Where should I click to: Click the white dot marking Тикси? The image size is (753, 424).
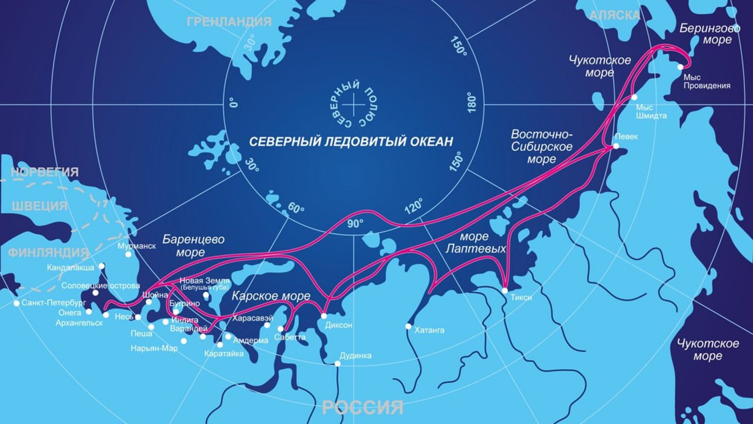505,290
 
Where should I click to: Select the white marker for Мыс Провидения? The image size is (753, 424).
680,67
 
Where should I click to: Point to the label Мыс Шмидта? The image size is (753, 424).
651,111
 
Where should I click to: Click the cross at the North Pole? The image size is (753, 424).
354,105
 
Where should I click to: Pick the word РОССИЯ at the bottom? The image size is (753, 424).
362,407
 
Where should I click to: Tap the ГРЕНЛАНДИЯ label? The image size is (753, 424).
229,22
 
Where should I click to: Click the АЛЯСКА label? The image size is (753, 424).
615,15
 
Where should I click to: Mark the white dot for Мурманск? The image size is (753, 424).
128,254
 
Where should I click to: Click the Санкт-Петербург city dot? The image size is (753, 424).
16,303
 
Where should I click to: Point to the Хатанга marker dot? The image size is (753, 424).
408,326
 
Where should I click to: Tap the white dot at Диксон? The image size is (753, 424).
324,316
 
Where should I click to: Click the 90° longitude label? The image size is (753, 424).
355,224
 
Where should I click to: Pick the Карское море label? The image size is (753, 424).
271,296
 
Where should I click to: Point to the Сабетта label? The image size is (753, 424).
290,337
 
